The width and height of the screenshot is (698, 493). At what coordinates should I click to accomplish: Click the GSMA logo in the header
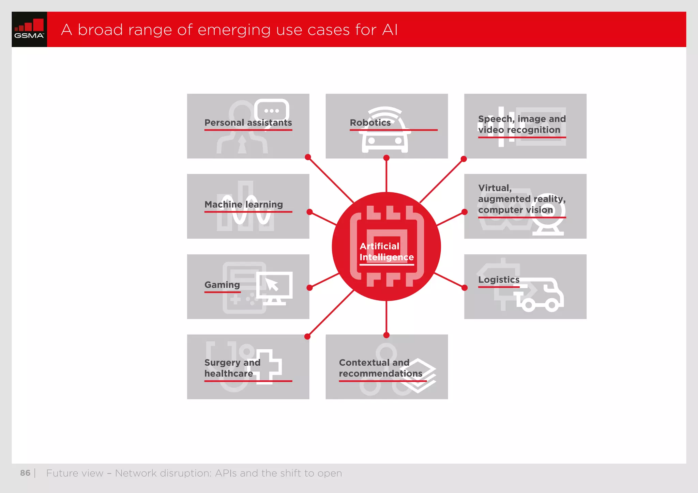(x=29, y=29)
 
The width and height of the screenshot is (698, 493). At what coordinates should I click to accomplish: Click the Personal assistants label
(x=248, y=123)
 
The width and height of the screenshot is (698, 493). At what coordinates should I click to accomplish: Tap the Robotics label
(x=370, y=123)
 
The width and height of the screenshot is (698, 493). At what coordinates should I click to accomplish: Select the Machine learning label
(x=243, y=204)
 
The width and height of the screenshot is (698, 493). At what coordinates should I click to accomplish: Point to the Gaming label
(x=222, y=285)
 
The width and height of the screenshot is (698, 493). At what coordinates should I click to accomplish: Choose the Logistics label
(x=499, y=280)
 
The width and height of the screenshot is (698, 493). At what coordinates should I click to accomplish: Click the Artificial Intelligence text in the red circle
(x=386, y=252)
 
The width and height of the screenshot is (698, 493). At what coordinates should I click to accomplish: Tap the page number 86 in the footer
(x=25, y=473)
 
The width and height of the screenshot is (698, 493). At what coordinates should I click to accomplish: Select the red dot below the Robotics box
(x=386, y=158)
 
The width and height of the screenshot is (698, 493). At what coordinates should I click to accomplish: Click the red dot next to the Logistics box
(x=464, y=288)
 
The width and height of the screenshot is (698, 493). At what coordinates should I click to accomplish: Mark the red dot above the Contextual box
(x=386, y=335)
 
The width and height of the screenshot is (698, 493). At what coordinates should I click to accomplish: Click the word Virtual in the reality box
(x=495, y=188)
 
